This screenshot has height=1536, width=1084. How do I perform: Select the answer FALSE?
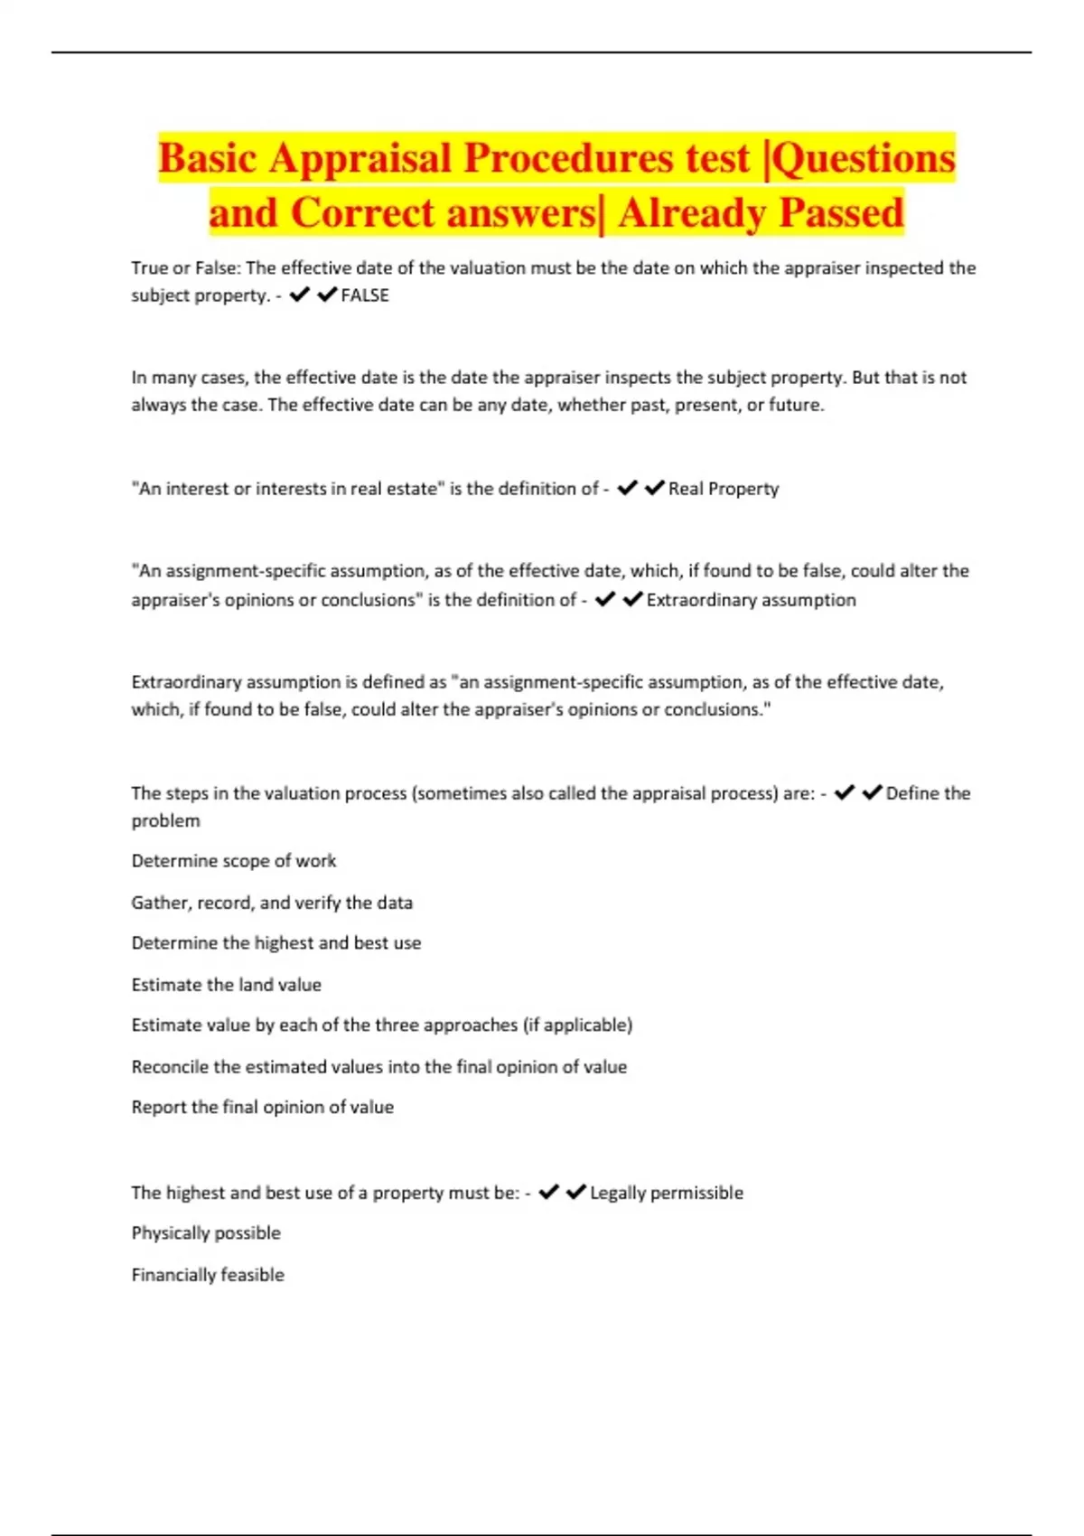click(365, 295)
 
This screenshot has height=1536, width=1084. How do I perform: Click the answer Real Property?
click(723, 489)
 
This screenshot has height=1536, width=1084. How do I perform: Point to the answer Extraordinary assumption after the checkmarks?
click(751, 600)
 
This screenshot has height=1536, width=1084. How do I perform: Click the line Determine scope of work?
click(233, 861)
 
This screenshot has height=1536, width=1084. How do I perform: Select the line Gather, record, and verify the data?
click(272, 903)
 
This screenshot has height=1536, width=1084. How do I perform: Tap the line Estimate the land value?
click(226, 985)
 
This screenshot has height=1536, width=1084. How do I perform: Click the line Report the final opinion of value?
click(262, 1108)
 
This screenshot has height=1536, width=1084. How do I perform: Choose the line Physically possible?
click(206, 1233)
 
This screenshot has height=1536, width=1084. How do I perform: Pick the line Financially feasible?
click(208, 1275)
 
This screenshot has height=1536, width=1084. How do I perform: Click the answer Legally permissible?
click(666, 1193)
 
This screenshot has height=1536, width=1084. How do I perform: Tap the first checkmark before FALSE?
click(300, 295)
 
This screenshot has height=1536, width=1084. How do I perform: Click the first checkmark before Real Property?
click(627, 488)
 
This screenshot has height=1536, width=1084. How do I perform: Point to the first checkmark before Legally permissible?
click(548, 1192)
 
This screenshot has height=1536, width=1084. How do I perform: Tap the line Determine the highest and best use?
click(276, 943)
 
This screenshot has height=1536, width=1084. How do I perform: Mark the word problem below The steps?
click(165, 821)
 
